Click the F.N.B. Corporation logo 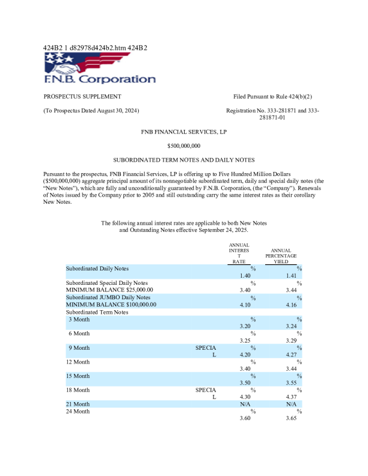pyautogui.click(x=99, y=67)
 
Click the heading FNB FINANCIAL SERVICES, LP pyautogui.click(x=184, y=130)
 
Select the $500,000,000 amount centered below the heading pyautogui.click(x=184, y=145)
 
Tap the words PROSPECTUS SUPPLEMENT pyautogui.click(x=82, y=97)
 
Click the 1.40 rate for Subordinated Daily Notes pyautogui.click(x=245, y=275)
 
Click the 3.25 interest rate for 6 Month pyautogui.click(x=245, y=340)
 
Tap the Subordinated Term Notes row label pyautogui.click(x=97, y=312)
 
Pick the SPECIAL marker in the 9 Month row pyautogui.click(x=206, y=351)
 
